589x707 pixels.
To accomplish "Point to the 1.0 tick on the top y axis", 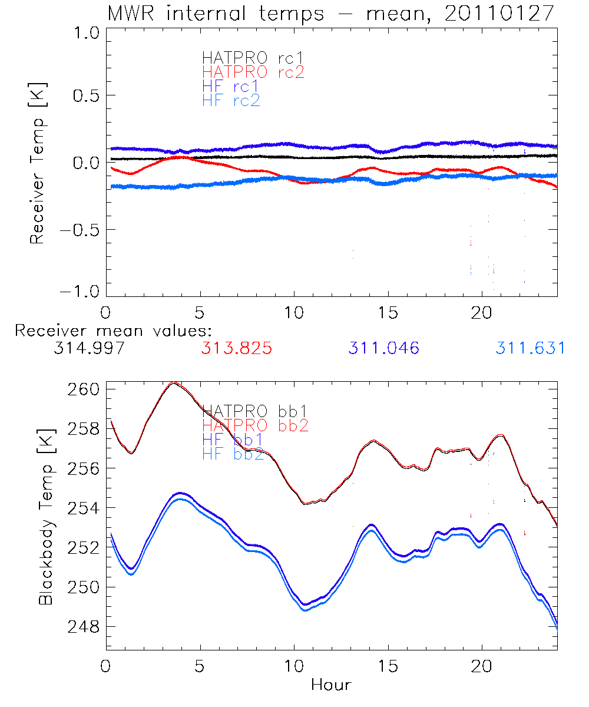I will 84,34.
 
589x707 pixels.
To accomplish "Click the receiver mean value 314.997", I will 88,348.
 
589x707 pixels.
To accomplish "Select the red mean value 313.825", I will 236,348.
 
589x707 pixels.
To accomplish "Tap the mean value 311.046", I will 383,348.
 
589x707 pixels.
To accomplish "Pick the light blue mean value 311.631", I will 530,348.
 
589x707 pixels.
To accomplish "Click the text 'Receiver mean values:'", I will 114,331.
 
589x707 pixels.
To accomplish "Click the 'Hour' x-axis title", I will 331,685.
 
